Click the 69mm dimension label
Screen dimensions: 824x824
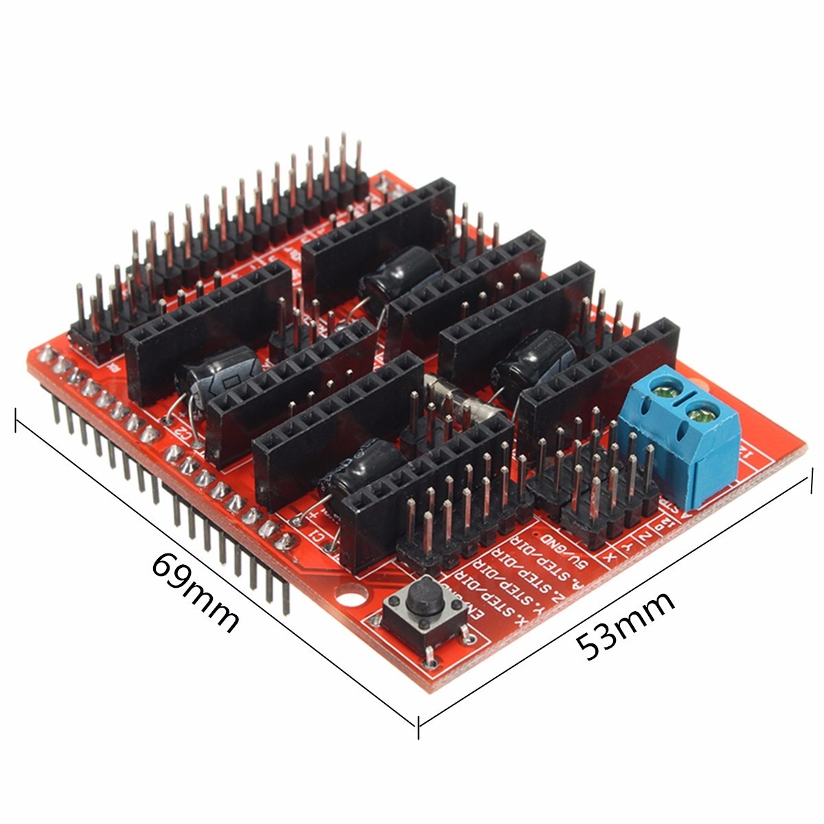click(196, 592)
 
